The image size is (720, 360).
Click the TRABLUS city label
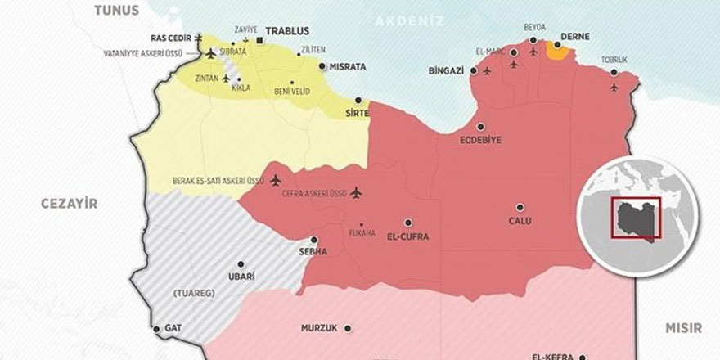pos(286,31)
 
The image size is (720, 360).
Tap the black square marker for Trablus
pos(259,40)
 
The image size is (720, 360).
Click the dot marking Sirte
pos(358,101)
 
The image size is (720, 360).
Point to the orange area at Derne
pos(558,52)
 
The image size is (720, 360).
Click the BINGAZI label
pos(446,71)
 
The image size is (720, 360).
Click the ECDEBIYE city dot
pos(480,127)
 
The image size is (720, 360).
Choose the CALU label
pos(520,221)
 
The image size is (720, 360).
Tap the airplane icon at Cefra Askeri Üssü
pos(356,193)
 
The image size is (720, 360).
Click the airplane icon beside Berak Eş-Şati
pos(275,180)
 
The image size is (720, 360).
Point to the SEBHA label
pos(314,252)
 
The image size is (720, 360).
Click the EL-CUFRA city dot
pos(407,222)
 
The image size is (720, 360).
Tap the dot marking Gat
pos(156,329)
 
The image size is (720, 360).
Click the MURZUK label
pos(320,328)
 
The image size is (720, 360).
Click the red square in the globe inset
pos(637,217)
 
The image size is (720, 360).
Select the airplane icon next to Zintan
pos(227,79)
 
